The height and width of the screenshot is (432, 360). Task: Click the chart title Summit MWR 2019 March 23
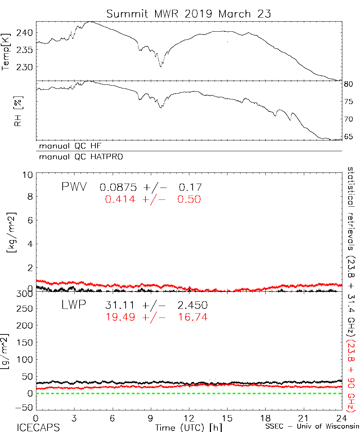pos(189,14)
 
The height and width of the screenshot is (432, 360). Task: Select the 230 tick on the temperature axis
pos(26,67)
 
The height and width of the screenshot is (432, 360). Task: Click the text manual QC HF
pos(68,146)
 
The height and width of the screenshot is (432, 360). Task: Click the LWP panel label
pos(73,305)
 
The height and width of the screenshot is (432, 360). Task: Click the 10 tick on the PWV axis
pos(29,175)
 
